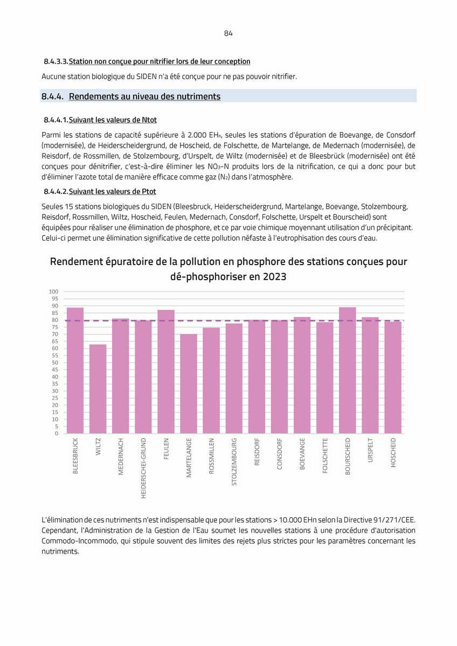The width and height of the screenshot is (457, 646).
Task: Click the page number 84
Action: (x=228, y=33)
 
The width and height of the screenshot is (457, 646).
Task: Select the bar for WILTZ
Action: (x=98, y=389)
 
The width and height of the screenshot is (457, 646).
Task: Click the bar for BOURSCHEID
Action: (x=348, y=370)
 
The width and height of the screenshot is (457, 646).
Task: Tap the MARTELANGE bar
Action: (x=188, y=384)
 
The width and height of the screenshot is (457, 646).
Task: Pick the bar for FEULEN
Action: (x=165, y=372)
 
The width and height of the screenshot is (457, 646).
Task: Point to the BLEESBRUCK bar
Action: (x=75, y=370)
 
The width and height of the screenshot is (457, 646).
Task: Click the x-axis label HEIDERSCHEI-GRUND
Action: (x=143, y=468)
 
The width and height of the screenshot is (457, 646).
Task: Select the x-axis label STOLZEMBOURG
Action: (x=234, y=461)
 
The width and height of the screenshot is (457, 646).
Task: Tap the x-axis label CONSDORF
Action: (x=279, y=454)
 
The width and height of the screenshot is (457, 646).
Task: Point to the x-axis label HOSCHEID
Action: (x=393, y=453)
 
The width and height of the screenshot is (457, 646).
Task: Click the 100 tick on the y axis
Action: (x=53, y=291)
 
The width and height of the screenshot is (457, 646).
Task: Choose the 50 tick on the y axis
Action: (x=55, y=363)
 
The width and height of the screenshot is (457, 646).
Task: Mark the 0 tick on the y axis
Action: (x=57, y=433)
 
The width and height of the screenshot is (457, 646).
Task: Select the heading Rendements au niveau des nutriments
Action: (x=144, y=96)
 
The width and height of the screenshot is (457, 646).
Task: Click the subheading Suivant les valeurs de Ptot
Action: (x=113, y=192)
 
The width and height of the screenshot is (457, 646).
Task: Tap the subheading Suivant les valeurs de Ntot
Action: (x=113, y=120)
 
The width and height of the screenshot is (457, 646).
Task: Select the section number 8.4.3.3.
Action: (x=56, y=61)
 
